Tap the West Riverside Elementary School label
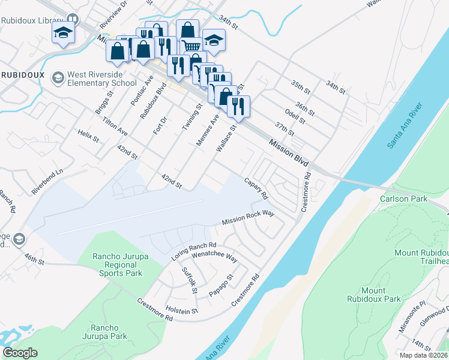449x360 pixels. tap(102, 79)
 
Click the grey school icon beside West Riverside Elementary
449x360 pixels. tap(58, 77)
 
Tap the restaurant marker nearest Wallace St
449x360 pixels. tap(239, 106)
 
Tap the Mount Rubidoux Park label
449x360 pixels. tap(373, 294)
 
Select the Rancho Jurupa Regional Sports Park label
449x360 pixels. tap(118, 265)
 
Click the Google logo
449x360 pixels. tap(20, 353)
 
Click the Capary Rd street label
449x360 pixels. tap(255, 189)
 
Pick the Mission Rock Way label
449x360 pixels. tap(248, 221)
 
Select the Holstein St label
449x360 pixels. tap(182, 311)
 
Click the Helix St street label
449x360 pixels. tap(88, 136)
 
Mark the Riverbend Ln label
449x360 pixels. tap(47, 182)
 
